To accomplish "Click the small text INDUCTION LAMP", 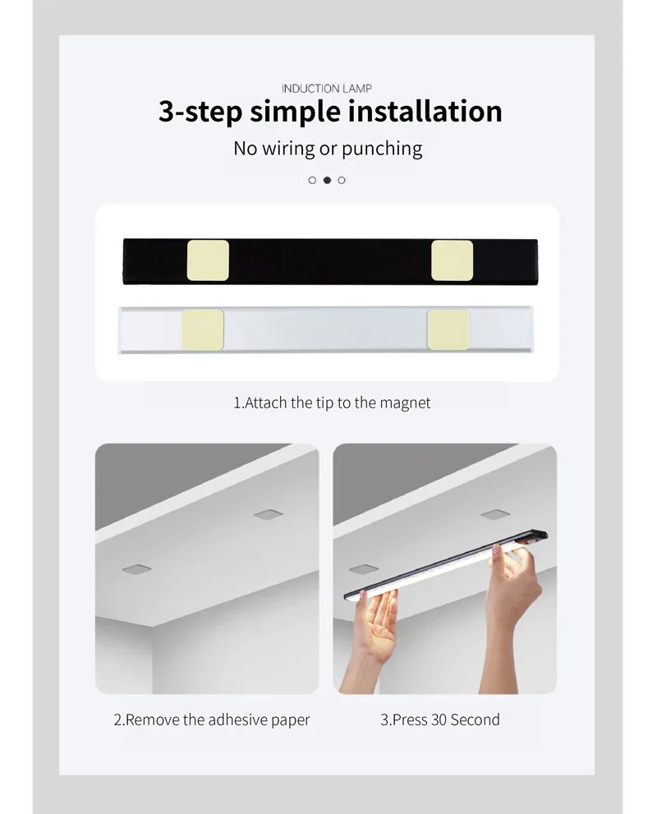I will (327, 88).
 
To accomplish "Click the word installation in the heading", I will (425, 111).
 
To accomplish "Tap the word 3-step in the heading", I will (200, 111).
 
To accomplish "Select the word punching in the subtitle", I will (382, 149).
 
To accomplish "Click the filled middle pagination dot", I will (327, 180).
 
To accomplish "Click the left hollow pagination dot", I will (312, 180).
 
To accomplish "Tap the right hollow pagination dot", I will (342, 180).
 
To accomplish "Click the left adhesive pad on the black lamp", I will (208, 260).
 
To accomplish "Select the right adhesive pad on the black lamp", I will (453, 260).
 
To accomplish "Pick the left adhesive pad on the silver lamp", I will (203, 329).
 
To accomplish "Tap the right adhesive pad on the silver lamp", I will (448, 329).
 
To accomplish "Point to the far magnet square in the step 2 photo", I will (268, 514).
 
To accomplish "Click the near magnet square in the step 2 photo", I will (136, 568).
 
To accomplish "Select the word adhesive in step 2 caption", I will (235, 720).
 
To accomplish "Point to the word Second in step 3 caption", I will (476, 720).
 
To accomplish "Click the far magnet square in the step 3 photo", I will (494, 514).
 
